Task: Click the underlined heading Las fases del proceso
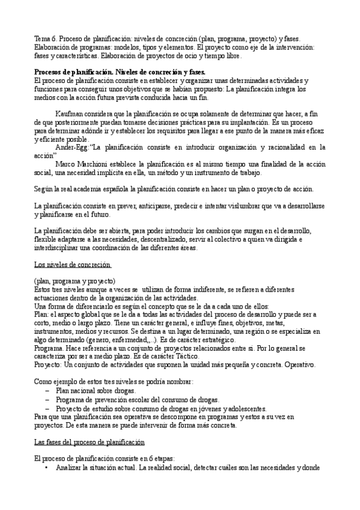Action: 89,442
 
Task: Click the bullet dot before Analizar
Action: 46,468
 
